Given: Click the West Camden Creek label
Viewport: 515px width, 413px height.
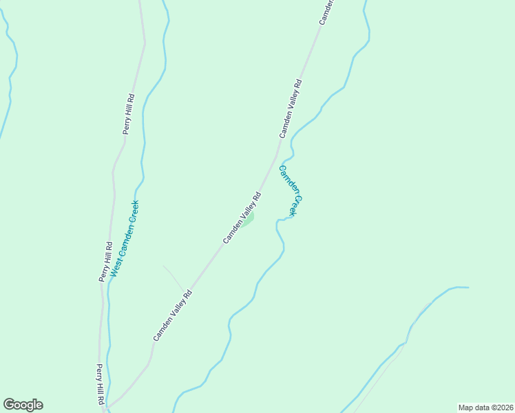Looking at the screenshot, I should coord(125,238).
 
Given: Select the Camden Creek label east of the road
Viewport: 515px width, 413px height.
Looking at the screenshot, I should coord(288,191).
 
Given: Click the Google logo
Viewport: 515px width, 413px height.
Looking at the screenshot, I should coord(23,405).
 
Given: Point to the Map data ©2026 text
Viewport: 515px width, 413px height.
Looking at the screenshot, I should coord(486,407).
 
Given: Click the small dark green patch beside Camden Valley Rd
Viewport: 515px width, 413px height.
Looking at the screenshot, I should coord(249,219).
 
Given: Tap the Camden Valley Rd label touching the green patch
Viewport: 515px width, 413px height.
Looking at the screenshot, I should coord(242,218).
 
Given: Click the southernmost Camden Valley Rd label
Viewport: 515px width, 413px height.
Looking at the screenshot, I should coord(172,315).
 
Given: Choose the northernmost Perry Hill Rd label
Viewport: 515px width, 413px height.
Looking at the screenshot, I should coord(129,114).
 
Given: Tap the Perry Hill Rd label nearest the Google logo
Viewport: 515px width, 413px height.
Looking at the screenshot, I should coord(100,384).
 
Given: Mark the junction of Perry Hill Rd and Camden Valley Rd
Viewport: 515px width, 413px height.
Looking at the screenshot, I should coord(105,409).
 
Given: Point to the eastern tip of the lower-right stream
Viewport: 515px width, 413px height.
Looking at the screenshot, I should coord(467,288).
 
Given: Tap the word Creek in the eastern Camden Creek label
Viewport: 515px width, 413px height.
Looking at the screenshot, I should coord(294,205).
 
